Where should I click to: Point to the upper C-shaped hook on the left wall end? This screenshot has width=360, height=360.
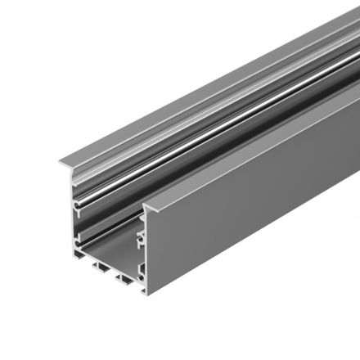pyautogui.click(x=77, y=200)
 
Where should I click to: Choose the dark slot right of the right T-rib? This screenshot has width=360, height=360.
pyautogui.click(x=133, y=282)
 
